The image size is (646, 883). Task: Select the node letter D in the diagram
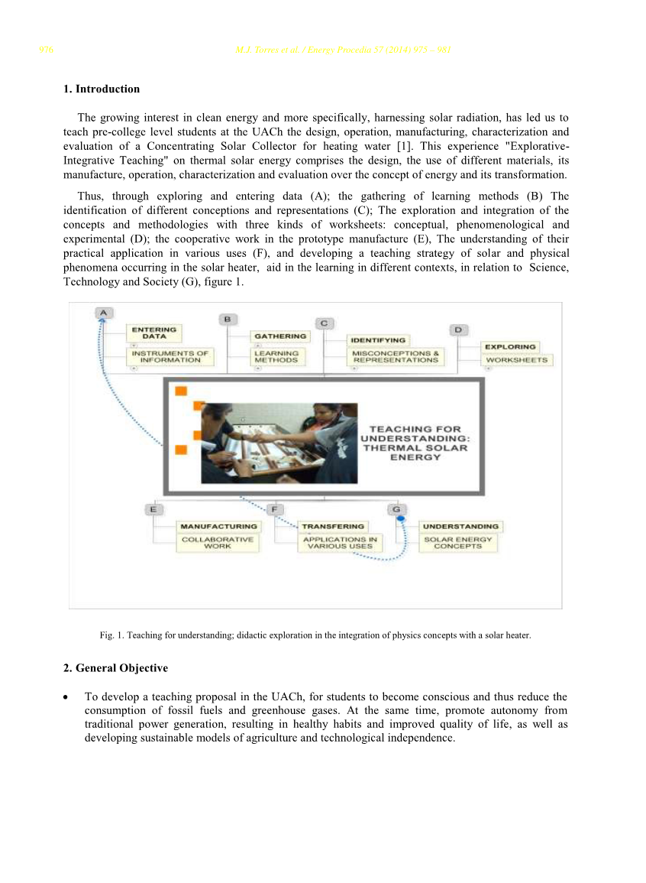(458, 330)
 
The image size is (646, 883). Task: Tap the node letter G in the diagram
(396, 508)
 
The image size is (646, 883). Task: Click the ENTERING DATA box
(154, 333)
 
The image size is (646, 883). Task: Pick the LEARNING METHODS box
(276, 356)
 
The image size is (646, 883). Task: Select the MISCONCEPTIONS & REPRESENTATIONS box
(396, 356)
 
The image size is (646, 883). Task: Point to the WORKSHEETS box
(517, 359)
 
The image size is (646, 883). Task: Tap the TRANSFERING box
(333, 526)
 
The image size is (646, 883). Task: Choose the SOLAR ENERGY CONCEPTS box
(458, 543)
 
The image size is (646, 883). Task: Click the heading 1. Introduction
(102, 89)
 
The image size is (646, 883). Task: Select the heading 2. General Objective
(115, 668)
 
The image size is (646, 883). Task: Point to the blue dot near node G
(399, 519)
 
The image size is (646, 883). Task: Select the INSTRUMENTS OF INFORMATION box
(170, 356)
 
